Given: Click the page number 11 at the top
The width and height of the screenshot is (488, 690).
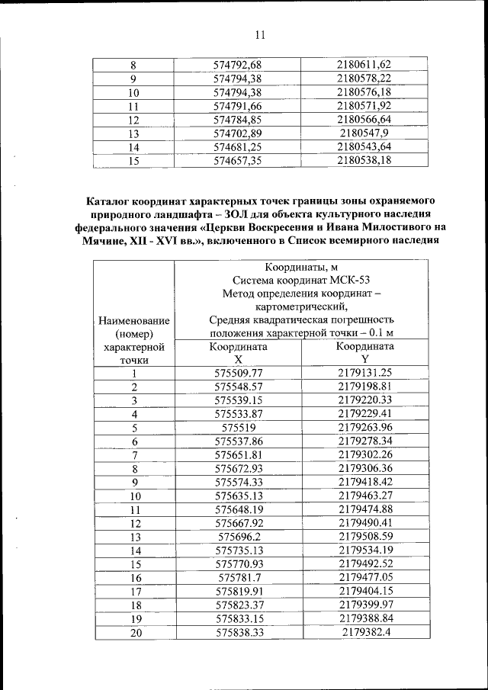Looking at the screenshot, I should point(260,35).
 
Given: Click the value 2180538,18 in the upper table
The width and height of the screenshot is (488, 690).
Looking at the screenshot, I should point(364,160).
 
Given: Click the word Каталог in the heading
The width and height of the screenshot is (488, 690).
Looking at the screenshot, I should point(111,202).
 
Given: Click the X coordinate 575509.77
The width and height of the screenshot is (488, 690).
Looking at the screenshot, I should point(238,372).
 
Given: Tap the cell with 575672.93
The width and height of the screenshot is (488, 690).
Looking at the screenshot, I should point(238,468).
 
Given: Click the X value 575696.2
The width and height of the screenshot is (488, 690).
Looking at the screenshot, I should point(238,537).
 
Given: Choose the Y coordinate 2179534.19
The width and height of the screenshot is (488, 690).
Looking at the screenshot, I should point(364,550).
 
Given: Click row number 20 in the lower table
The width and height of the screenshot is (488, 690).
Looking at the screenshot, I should point(134,633).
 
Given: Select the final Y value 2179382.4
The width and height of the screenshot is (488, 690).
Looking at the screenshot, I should point(364,633).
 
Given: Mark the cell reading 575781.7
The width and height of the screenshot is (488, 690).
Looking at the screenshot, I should point(238,578).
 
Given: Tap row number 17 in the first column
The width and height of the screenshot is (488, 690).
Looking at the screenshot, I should point(134,592).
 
